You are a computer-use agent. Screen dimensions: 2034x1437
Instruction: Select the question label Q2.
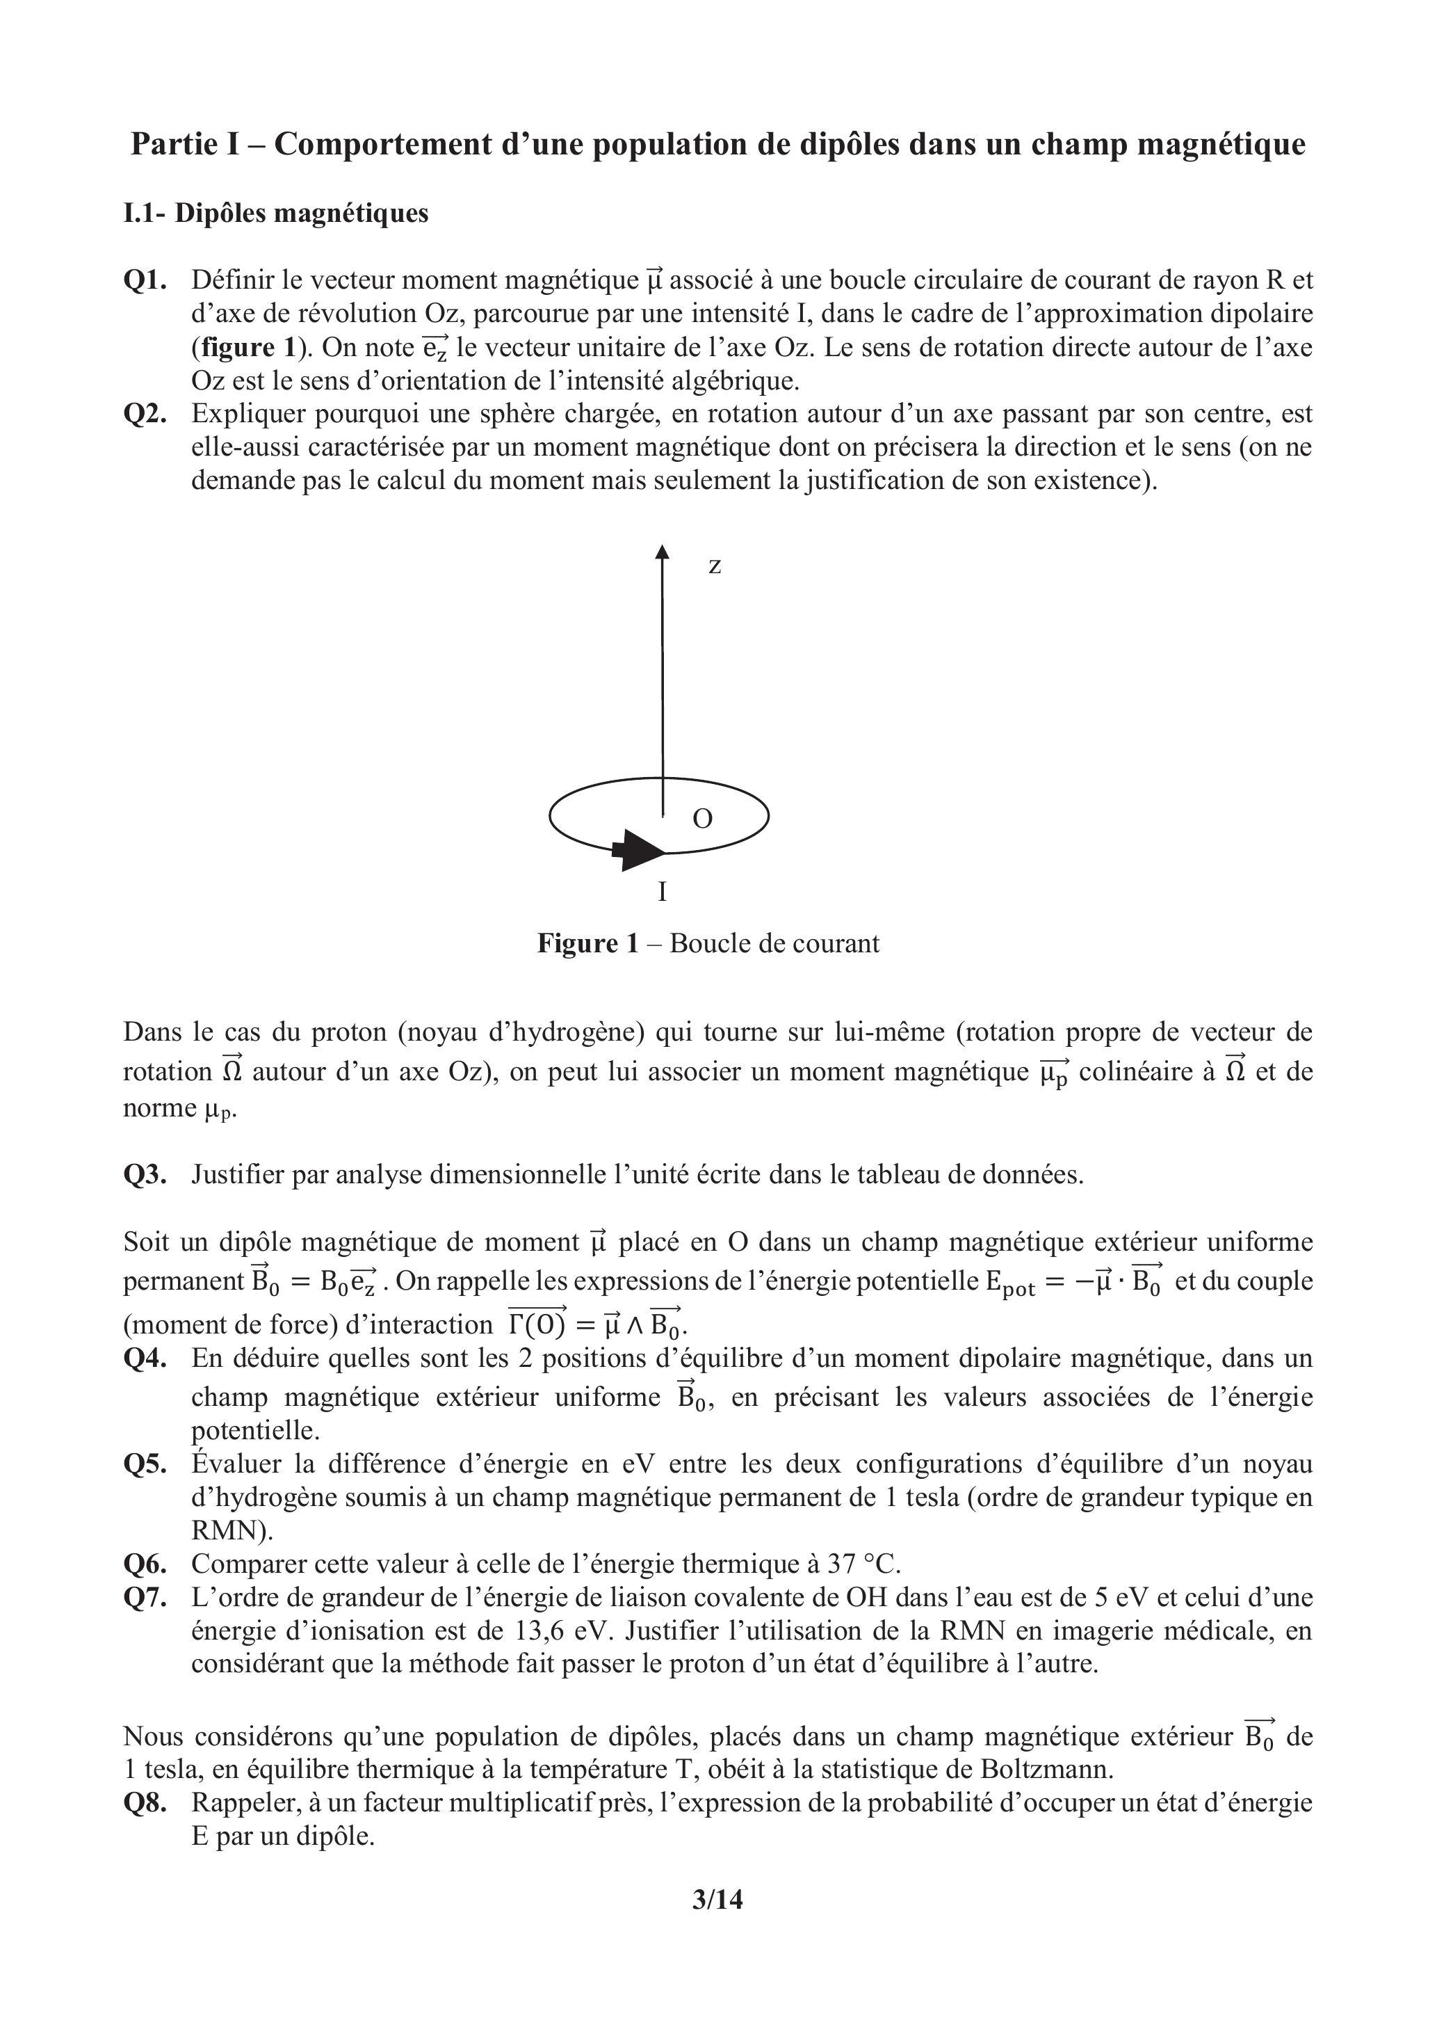(145, 414)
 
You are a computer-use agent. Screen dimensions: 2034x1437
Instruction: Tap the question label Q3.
(145, 1175)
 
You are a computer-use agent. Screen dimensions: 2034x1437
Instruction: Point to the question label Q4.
(145, 1358)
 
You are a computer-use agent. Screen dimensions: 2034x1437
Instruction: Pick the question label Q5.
(145, 1464)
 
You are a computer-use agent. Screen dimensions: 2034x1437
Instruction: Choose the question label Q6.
(145, 1564)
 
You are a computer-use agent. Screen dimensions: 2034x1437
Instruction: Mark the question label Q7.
(145, 1598)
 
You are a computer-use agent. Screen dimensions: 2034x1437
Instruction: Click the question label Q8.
(145, 1803)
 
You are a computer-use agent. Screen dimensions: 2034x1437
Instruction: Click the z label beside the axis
(715, 566)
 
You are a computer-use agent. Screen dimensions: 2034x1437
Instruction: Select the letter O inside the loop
(702, 819)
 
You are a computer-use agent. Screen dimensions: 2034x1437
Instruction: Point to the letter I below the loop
(663, 891)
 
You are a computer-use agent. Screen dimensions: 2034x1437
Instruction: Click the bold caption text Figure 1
(587, 943)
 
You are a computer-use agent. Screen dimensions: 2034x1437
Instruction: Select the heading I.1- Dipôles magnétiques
(275, 214)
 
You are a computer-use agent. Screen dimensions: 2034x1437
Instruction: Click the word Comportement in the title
(382, 145)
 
